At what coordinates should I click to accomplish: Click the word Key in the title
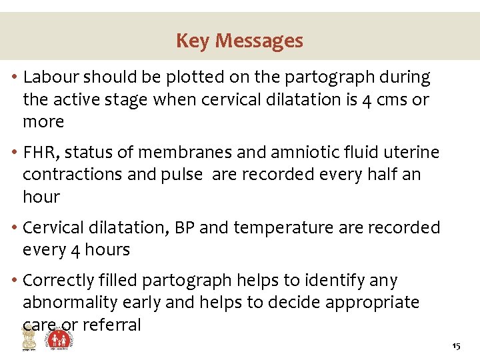191,41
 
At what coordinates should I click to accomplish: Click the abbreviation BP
183,228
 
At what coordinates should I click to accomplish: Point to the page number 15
456,347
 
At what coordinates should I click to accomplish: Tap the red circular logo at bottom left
60,340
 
